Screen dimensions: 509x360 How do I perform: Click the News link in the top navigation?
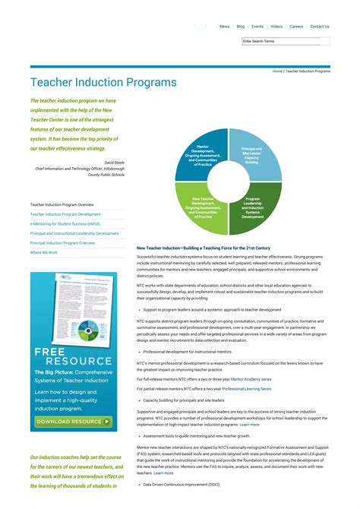[224, 27]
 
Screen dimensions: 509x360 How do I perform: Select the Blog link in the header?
[240, 27]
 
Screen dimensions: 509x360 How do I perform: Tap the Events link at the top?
[257, 27]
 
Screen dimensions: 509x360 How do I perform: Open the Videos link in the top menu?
[276, 27]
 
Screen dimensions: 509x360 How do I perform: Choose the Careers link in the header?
[296, 27]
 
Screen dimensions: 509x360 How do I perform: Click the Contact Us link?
[320, 27]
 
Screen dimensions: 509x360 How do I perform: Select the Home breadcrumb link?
[277, 71]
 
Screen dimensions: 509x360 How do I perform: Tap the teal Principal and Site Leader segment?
[252, 155]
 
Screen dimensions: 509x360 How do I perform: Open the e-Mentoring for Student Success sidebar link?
[65, 224]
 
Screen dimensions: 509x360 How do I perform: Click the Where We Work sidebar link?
[44, 252]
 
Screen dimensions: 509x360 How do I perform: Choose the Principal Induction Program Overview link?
[62, 243]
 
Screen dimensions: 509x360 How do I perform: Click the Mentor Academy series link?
[251, 378]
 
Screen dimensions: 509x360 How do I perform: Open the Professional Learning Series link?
[246, 388]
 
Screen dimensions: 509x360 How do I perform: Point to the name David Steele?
[114, 163]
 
